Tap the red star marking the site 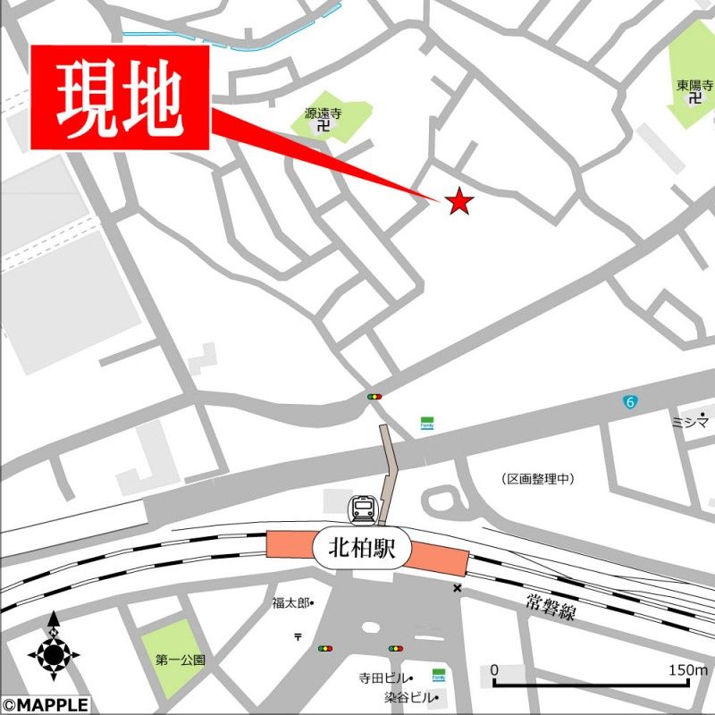pyautogui.click(x=459, y=201)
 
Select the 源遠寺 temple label pyautogui.click(x=324, y=114)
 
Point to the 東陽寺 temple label pyautogui.click(x=694, y=86)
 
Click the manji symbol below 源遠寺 pyautogui.click(x=323, y=128)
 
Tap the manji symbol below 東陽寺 pyautogui.click(x=694, y=99)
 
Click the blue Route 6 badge pyautogui.click(x=631, y=403)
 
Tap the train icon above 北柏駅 pyautogui.click(x=363, y=509)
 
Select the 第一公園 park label pyautogui.click(x=181, y=660)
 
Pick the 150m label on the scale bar pyautogui.click(x=688, y=670)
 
